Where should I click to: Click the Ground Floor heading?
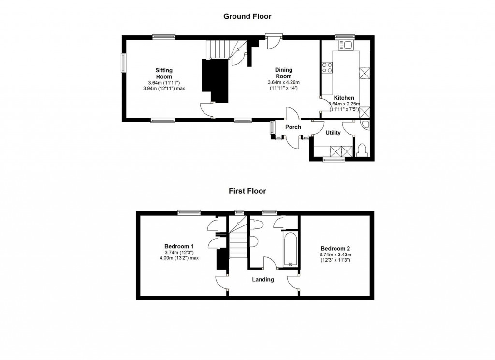pos(247,16)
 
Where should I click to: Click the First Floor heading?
pos(247,191)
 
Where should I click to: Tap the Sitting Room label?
pos(164,74)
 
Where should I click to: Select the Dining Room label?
pos(283,73)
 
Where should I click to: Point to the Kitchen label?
pos(344,98)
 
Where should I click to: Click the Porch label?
pos(293,127)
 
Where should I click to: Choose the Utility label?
pos(333,133)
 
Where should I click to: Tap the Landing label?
pos(262,279)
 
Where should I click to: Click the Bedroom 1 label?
pos(179,246)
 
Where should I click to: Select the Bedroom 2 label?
pos(335,249)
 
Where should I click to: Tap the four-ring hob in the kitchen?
pos(327,67)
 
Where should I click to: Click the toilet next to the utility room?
pos(362,150)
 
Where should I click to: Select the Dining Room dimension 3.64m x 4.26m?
pos(283,82)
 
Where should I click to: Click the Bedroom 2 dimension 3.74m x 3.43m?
pos(335,255)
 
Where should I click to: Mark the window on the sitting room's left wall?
pos(123,63)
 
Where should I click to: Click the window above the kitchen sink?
pos(345,37)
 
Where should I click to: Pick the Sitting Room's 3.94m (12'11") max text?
pos(164,89)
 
